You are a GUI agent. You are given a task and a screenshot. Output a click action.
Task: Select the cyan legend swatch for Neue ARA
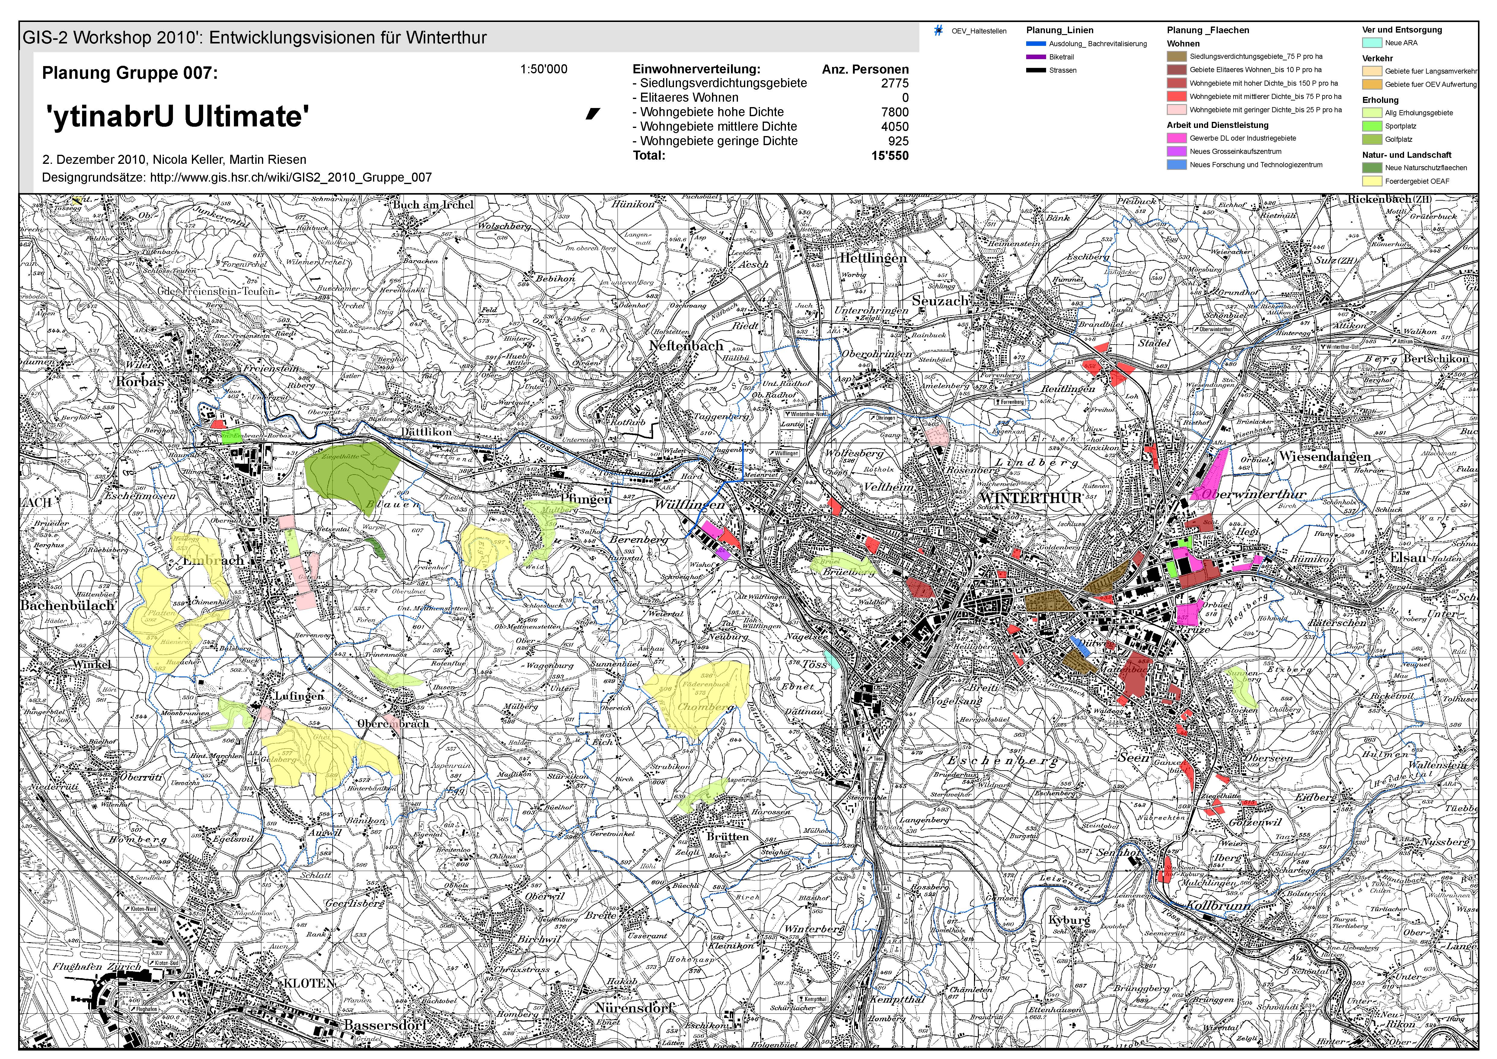pyautogui.click(x=1372, y=43)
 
